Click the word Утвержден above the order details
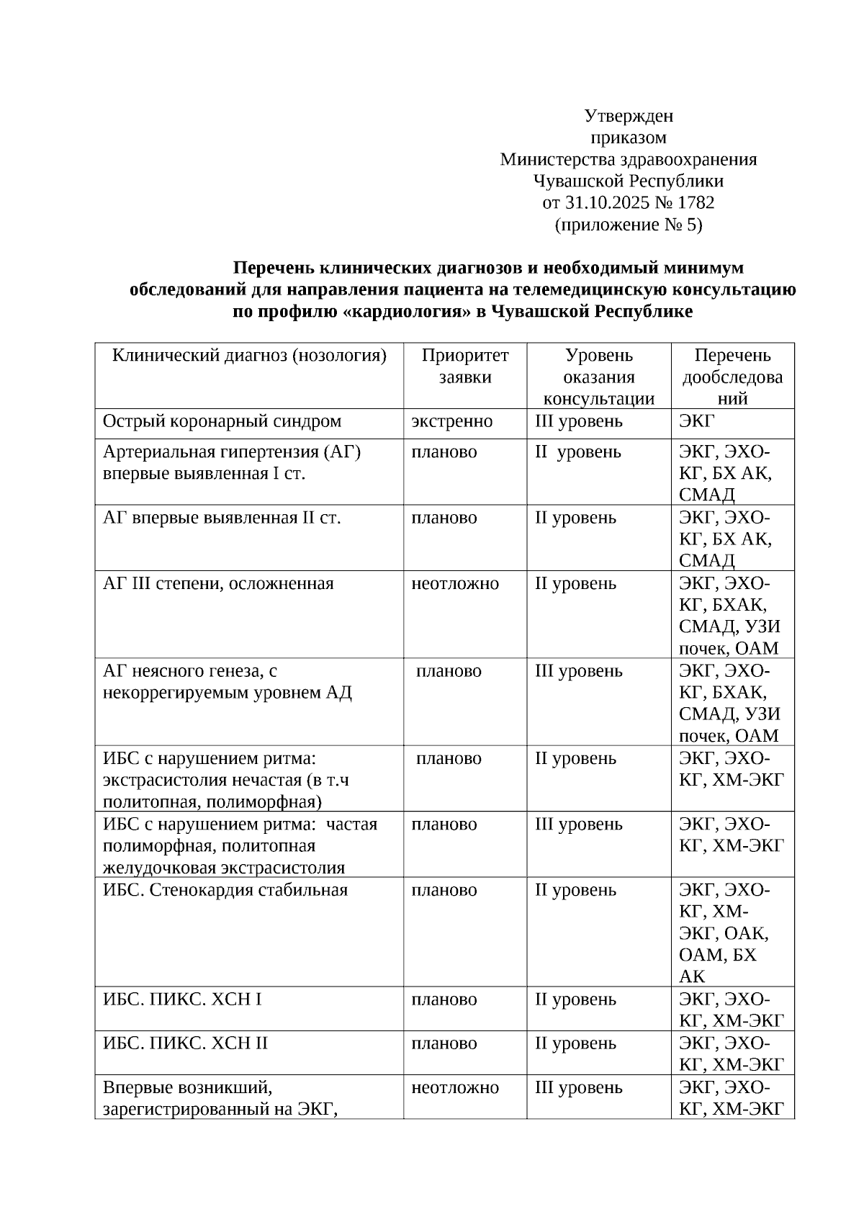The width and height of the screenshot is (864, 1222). click(x=628, y=116)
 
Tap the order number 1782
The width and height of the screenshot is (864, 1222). click(x=696, y=203)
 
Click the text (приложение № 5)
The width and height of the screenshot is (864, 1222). click(x=628, y=225)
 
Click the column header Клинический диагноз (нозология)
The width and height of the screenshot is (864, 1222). click(x=249, y=356)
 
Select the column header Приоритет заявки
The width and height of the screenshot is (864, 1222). click(x=465, y=366)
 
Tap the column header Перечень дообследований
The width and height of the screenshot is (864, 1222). click(x=732, y=377)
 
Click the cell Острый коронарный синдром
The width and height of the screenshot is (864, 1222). click(x=222, y=422)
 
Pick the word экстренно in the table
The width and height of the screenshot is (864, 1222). click(x=451, y=422)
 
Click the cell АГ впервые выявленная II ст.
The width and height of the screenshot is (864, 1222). click(x=222, y=518)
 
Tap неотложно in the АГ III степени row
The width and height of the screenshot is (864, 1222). click(x=454, y=584)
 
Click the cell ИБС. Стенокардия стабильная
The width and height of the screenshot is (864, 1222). click(x=225, y=891)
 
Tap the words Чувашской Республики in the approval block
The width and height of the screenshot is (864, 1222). click(x=628, y=181)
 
